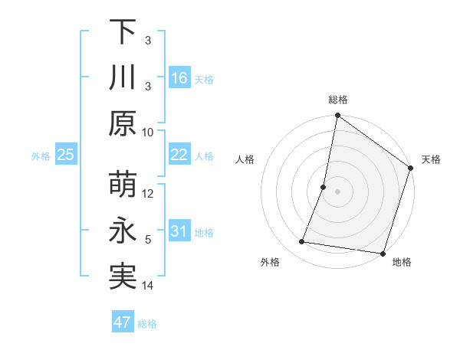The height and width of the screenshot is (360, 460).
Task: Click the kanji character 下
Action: click(123, 33)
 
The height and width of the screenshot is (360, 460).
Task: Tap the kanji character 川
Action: click(123, 77)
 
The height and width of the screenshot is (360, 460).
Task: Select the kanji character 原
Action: click(123, 123)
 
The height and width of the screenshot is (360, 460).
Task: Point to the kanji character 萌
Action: click(123, 185)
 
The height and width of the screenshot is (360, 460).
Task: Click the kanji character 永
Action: click(123, 231)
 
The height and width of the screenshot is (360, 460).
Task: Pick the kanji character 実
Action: click(123, 277)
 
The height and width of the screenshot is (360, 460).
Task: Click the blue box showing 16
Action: click(179, 78)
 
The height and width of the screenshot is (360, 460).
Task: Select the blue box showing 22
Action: click(179, 155)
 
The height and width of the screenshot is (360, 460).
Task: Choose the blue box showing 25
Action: click(66, 155)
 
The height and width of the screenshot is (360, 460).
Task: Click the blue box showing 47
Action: click(123, 322)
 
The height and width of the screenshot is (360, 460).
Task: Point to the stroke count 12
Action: click(149, 193)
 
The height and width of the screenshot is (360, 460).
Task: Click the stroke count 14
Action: click(149, 286)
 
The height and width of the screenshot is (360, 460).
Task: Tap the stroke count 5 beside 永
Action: click(149, 240)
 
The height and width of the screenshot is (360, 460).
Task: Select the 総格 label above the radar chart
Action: click(338, 100)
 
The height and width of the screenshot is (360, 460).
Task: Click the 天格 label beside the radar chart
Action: click(431, 159)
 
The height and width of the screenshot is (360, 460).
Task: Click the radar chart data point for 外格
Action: click(302, 242)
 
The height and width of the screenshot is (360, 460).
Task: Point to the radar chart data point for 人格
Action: click(324, 187)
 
